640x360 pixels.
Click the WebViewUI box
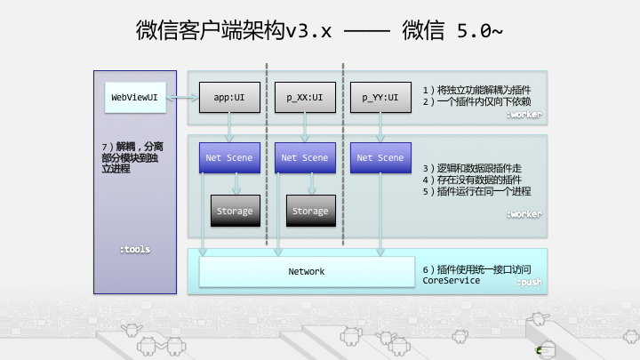pos(134,96)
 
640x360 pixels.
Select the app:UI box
pos(228,96)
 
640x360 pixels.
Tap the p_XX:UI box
pos(304,96)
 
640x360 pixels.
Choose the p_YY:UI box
pos(380,96)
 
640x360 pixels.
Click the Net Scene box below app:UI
pos(228,157)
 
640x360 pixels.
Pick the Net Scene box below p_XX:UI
pos(304,157)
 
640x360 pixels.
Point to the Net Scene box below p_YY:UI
pos(380,157)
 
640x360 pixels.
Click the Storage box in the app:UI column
pos(235,211)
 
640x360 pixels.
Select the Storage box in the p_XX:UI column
pos(310,211)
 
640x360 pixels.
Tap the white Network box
pos(307,271)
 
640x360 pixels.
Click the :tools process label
pos(135,250)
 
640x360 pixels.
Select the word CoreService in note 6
pos(452,280)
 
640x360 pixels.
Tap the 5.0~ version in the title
pos(479,31)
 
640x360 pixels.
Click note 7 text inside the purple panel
pos(133,156)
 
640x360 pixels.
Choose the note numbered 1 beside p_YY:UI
pos(476,90)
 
